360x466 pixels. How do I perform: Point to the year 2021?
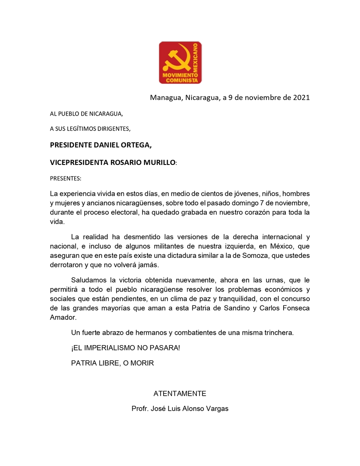[x=301, y=97]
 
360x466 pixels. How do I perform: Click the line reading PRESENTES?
[x=65, y=178]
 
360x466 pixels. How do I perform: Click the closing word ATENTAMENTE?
[x=180, y=394]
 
